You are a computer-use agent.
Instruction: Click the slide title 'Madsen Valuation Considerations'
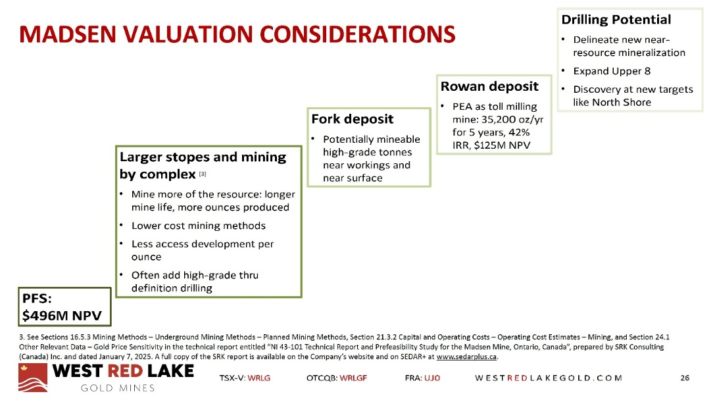237,35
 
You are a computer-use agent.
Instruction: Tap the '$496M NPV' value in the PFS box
62,315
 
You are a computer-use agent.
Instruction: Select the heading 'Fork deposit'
353,119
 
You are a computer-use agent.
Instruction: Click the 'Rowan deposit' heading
489,86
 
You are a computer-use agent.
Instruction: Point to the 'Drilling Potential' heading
616,20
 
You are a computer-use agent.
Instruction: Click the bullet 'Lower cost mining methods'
198,226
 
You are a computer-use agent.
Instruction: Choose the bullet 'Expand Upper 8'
612,71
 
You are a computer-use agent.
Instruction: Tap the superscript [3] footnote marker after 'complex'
203,174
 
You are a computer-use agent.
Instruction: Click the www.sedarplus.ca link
466,357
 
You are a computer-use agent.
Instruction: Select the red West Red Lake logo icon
33,377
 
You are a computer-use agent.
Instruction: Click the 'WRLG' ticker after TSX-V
259,378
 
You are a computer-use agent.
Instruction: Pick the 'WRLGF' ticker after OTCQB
353,378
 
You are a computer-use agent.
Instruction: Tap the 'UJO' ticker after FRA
432,378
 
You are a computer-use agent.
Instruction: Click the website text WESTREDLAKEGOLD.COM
549,378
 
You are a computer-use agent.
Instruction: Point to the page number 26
685,378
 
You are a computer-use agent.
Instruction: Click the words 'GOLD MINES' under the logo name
118,388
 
